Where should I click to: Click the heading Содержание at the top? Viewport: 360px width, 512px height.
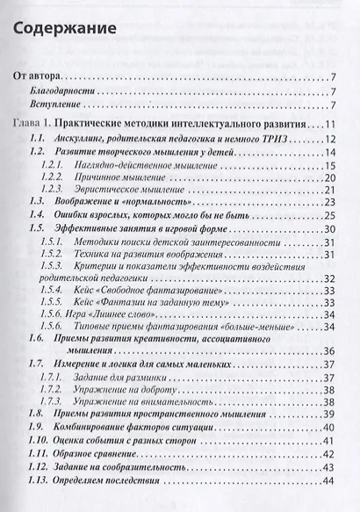(67, 28)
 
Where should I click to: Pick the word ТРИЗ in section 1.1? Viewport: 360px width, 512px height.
(285, 139)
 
